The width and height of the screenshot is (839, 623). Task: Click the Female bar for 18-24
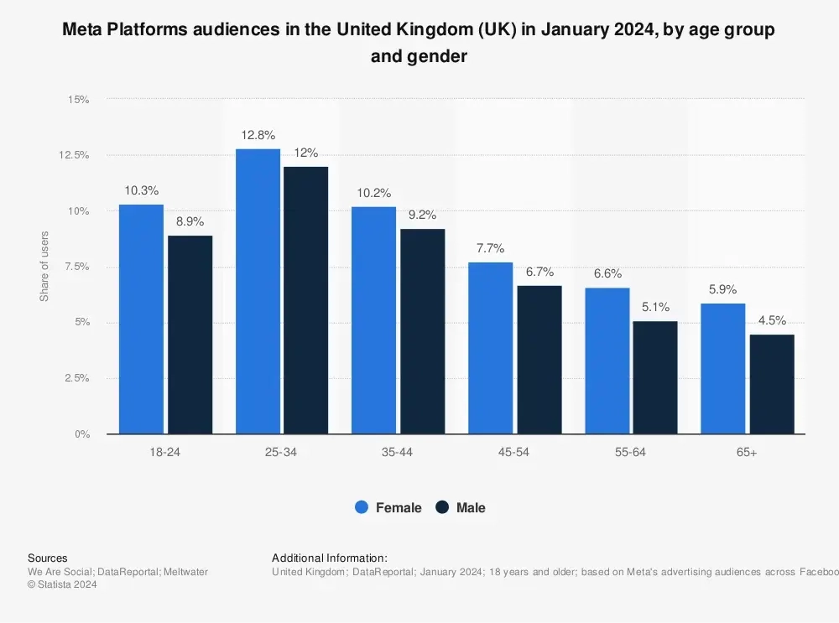pyautogui.click(x=141, y=319)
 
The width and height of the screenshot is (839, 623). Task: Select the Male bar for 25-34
pyautogui.click(x=305, y=300)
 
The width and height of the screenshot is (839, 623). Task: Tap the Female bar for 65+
pyautogui.click(x=723, y=369)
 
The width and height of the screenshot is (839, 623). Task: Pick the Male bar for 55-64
pyautogui.click(x=655, y=377)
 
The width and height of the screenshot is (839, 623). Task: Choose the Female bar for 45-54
pyautogui.click(x=490, y=348)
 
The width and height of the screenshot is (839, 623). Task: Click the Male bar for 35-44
pyautogui.click(x=422, y=331)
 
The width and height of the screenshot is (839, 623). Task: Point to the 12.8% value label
pyautogui.click(x=258, y=135)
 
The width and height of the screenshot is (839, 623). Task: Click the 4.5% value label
pyautogui.click(x=772, y=321)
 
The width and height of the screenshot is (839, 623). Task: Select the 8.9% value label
pyautogui.click(x=189, y=222)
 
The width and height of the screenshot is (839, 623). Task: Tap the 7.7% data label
pyautogui.click(x=490, y=248)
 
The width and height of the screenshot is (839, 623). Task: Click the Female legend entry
pyautogui.click(x=388, y=507)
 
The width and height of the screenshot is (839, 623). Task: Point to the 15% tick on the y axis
pyautogui.click(x=79, y=100)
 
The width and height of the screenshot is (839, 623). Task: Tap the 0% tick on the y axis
pyautogui.click(x=81, y=434)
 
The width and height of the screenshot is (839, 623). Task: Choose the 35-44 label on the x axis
pyautogui.click(x=398, y=452)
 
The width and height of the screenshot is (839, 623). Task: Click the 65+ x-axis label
pyautogui.click(x=747, y=452)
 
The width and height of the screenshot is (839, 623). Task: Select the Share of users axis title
pyautogui.click(x=44, y=266)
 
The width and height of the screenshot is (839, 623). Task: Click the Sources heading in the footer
pyautogui.click(x=48, y=558)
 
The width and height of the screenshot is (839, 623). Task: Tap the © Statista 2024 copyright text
pyautogui.click(x=62, y=585)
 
